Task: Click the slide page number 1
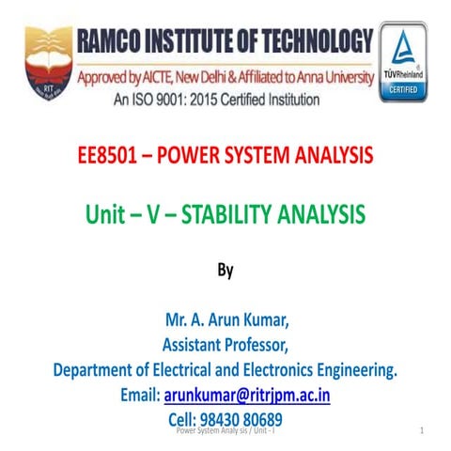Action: point(424,429)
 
